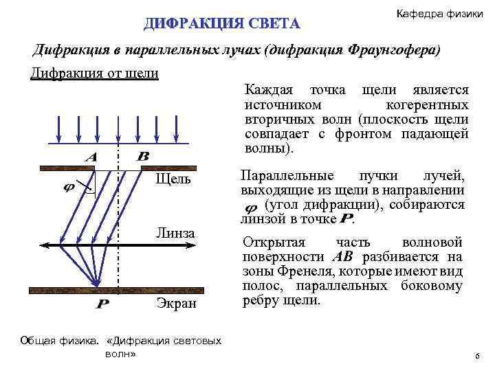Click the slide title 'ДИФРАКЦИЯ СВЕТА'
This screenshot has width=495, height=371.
221,24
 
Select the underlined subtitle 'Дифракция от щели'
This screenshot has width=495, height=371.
95,73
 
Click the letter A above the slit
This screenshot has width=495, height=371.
90,157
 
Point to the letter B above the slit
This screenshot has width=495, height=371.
143,157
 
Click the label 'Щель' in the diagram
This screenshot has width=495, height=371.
174,180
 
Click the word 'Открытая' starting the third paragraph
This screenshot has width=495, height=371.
272,243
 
